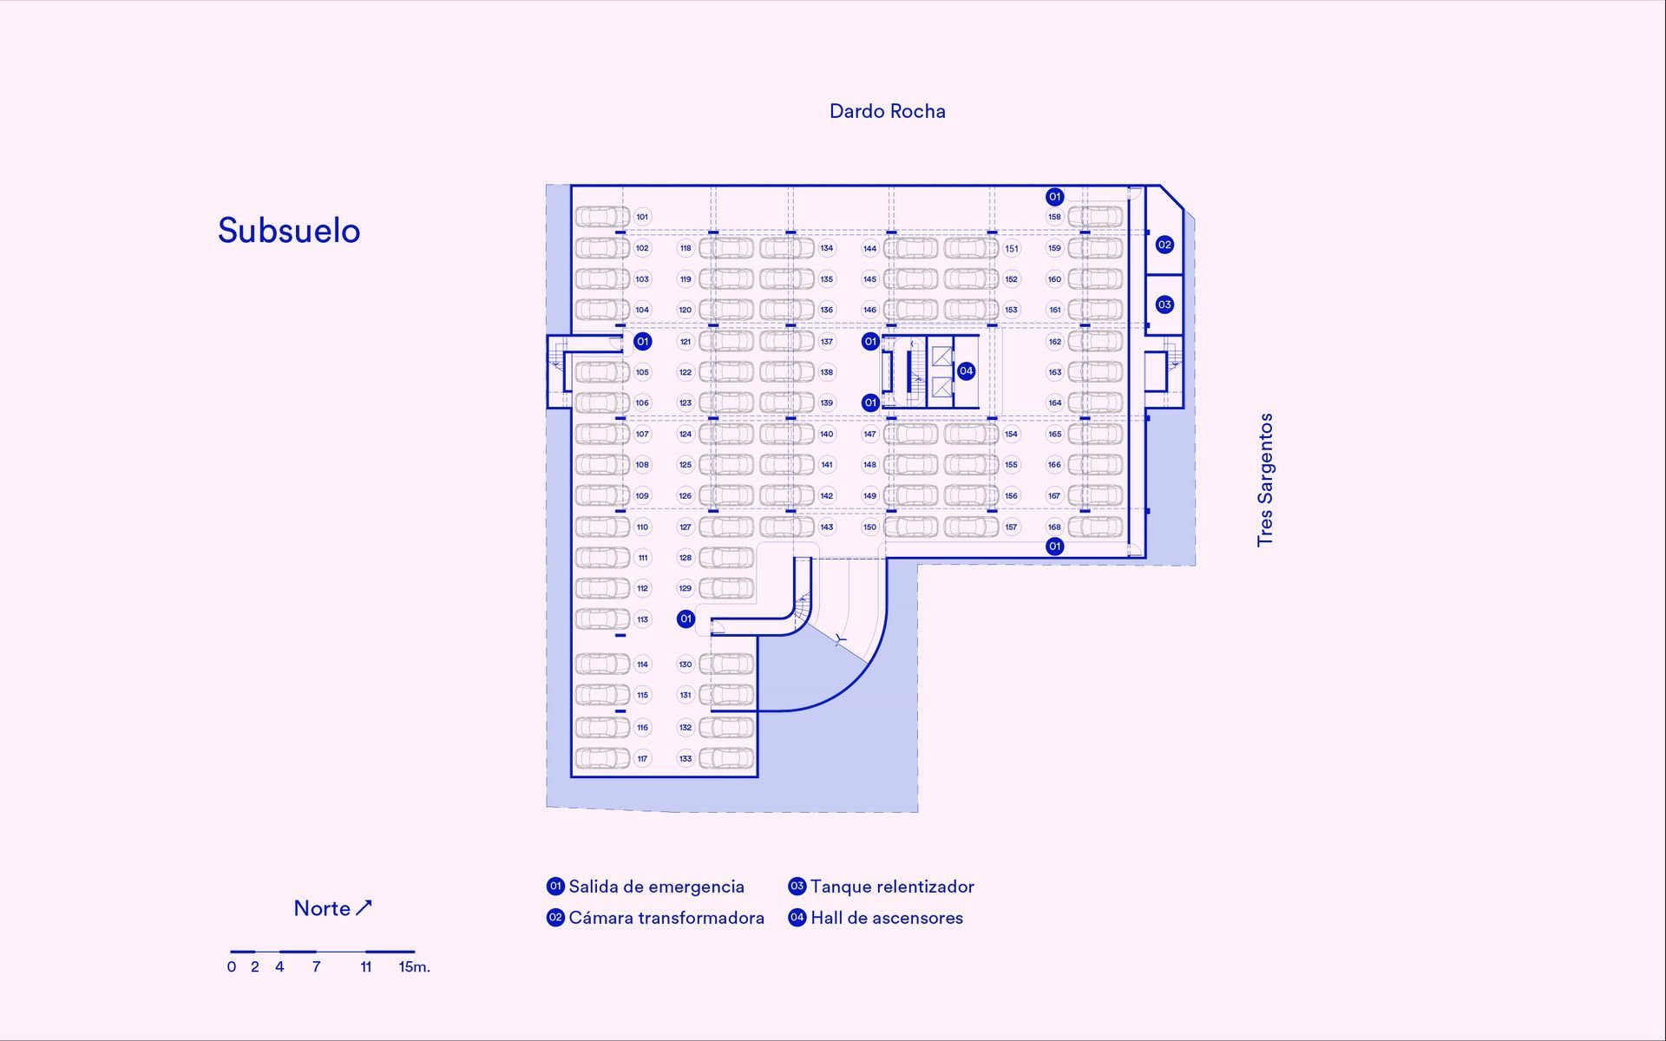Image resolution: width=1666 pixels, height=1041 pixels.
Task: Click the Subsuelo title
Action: coord(289,231)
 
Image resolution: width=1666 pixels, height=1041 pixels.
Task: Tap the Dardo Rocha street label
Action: coord(887,111)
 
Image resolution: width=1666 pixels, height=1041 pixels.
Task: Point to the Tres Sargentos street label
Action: coord(1265,480)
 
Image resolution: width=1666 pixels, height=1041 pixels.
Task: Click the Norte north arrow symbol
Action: coord(364,907)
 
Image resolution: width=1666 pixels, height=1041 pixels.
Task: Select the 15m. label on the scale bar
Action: coord(414,966)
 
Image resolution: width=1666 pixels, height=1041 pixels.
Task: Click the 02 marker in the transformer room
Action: coord(1164,245)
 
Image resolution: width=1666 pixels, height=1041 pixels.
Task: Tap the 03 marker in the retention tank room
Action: coord(1164,304)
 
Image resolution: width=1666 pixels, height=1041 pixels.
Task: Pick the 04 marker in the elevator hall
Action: coord(966,371)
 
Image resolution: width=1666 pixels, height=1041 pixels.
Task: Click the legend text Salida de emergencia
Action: coord(656,887)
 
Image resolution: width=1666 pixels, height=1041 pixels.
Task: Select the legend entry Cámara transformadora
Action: coord(666,918)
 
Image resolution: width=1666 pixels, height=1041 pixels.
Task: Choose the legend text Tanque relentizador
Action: coord(891,887)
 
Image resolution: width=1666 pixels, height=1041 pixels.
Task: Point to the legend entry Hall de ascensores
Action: coord(886,918)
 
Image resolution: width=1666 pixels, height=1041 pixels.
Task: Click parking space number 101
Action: coord(642,217)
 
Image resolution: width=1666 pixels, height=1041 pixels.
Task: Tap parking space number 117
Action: coord(642,759)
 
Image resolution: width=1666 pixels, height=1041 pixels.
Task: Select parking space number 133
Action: coord(685,759)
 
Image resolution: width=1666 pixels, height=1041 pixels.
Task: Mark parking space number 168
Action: coord(1054,527)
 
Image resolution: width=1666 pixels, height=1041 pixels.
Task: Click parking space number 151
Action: coord(1012,248)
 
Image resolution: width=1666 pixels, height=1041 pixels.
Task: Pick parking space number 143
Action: coord(827,527)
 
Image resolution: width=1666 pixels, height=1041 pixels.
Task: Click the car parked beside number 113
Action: coord(602,619)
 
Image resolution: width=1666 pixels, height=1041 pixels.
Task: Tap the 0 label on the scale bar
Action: coord(232,966)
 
